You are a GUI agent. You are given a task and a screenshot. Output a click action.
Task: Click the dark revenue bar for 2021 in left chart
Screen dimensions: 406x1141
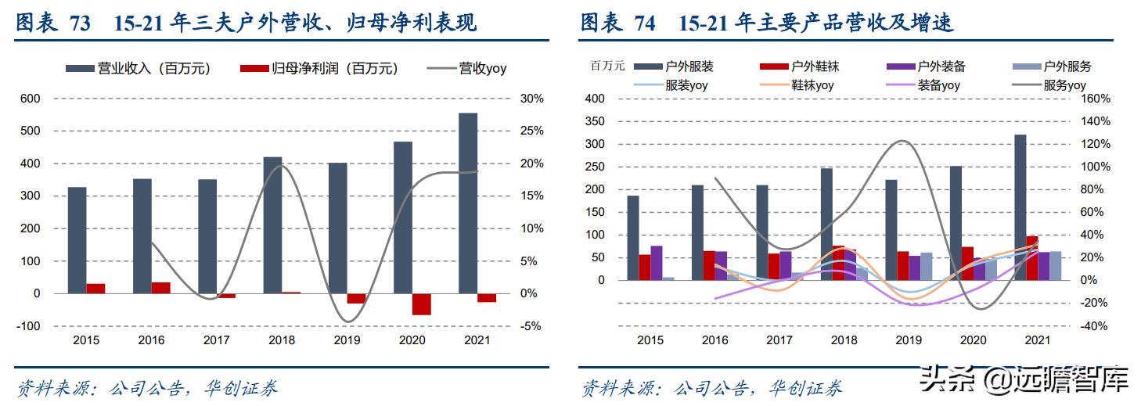point(468,203)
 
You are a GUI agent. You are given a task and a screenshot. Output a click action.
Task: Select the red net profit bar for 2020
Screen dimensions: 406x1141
point(422,304)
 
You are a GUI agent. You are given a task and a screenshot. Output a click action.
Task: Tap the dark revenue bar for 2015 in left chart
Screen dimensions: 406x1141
point(77,240)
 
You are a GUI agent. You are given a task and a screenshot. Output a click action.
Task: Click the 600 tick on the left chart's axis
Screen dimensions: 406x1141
point(31,99)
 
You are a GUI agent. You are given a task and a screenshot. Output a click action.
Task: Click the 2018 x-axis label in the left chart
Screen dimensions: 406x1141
point(281,340)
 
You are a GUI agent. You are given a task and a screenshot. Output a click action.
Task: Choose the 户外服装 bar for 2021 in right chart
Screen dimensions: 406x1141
point(1020,207)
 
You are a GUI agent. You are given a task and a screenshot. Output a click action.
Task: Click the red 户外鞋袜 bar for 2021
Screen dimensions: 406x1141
point(1032,258)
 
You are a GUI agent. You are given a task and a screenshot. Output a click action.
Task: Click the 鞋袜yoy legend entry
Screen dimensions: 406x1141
point(812,86)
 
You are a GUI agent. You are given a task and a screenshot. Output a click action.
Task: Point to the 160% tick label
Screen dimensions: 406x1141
point(1096,99)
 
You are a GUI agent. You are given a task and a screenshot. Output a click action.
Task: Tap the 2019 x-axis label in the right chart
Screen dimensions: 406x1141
point(909,340)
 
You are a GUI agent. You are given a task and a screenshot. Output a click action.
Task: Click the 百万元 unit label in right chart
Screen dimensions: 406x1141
point(607,66)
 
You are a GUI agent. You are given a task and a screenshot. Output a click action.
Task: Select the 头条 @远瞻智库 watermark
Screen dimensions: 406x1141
point(1024,381)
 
